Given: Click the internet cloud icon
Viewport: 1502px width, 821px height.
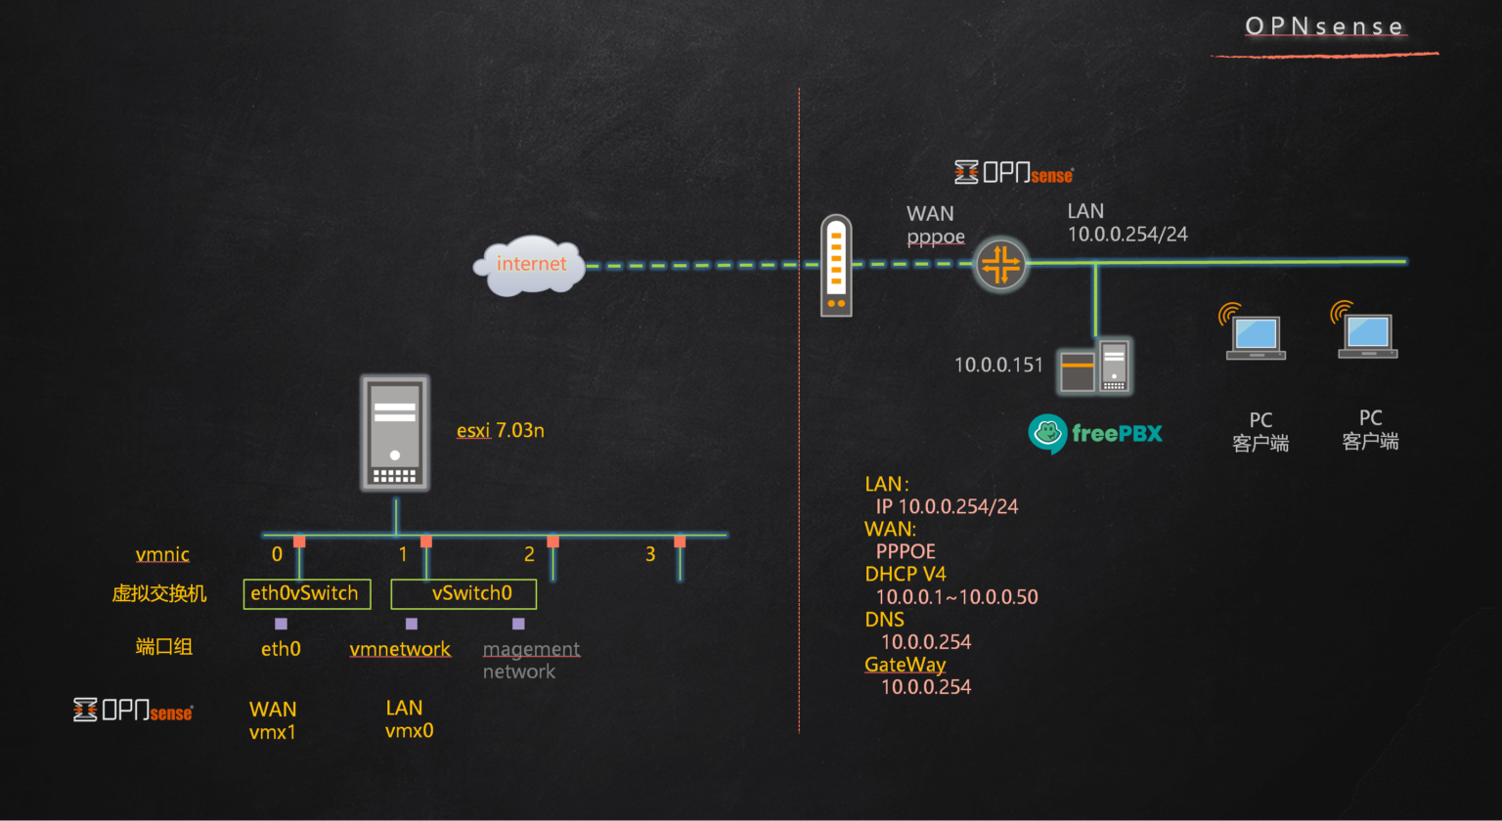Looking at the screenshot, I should click(x=529, y=265).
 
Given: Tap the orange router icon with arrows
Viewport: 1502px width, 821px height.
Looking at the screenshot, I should click(x=1000, y=264).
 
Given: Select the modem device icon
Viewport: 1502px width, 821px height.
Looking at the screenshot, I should click(x=836, y=266).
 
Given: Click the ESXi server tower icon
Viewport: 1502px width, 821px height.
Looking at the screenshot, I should click(x=395, y=433).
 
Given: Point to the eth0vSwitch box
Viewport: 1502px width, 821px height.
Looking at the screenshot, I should click(x=306, y=593).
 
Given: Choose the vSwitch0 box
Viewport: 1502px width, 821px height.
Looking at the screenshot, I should click(x=464, y=593).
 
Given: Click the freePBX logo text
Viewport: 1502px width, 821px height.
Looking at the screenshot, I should click(x=1116, y=433).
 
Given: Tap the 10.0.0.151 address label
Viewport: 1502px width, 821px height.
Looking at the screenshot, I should click(x=998, y=365).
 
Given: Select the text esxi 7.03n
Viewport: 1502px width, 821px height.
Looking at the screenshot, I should click(x=500, y=430).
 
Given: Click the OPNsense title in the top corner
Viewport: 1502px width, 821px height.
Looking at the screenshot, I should click(x=1324, y=26).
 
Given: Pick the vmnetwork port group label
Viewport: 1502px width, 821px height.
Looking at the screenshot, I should click(x=400, y=649).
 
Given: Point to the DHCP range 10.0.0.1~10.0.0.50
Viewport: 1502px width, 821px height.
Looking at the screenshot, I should click(x=956, y=597).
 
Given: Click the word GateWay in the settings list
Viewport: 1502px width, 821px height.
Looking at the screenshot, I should click(x=905, y=665).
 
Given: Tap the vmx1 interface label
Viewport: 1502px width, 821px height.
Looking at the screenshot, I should click(x=272, y=732).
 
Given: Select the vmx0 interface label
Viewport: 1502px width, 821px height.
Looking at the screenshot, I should click(x=409, y=730).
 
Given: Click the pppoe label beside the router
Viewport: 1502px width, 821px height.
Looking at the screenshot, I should click(x=935, y=237).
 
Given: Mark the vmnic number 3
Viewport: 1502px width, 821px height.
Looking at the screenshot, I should click(x=650, y=554).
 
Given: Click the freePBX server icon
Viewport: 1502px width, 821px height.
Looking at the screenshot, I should click(x=1094, y=367).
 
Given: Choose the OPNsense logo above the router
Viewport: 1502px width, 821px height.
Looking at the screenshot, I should click(x=1014, y=173).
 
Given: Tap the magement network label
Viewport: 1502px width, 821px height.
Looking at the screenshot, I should click(x=531, y=660).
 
